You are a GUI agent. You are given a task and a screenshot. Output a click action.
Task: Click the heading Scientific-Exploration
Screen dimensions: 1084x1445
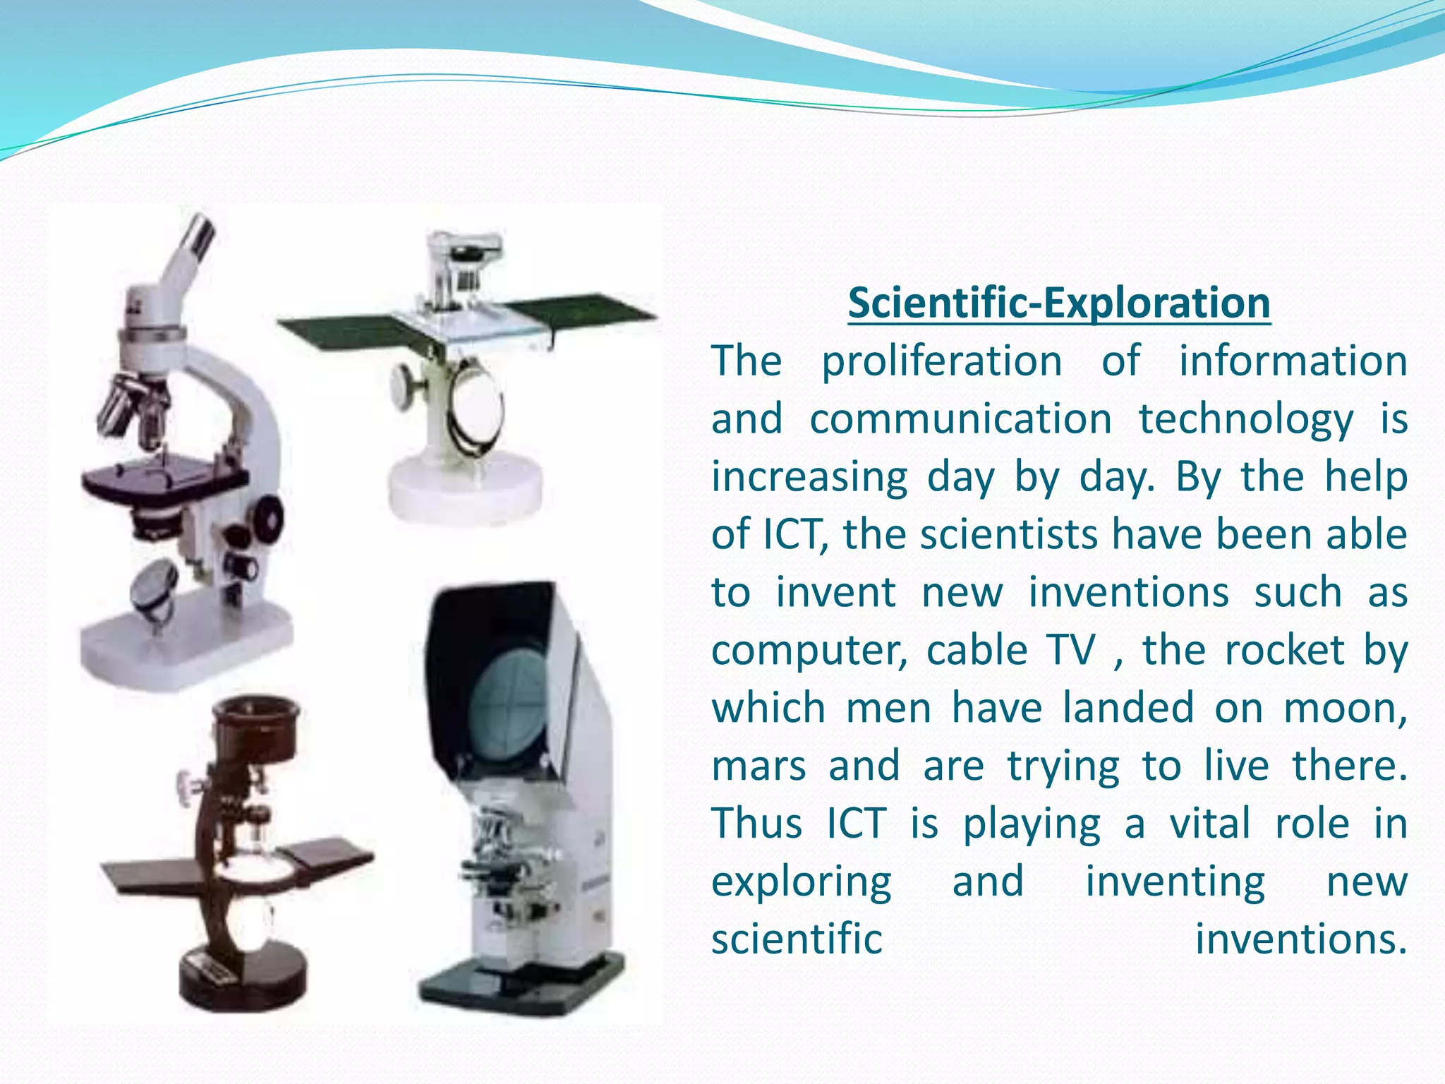pos(1059,303)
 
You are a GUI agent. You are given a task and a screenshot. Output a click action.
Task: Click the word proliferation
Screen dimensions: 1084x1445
pos(942,361)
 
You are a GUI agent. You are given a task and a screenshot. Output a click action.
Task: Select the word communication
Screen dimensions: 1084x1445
pos(960,419)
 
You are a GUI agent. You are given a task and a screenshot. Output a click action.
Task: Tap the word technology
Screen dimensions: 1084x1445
pos(1246,421)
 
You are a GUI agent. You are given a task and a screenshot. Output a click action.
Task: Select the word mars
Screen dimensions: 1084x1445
pos(758,766)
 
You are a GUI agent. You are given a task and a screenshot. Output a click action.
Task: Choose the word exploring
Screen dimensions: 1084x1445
pos(802,883)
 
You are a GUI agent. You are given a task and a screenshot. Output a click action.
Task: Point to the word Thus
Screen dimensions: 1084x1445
pos(757,824)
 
